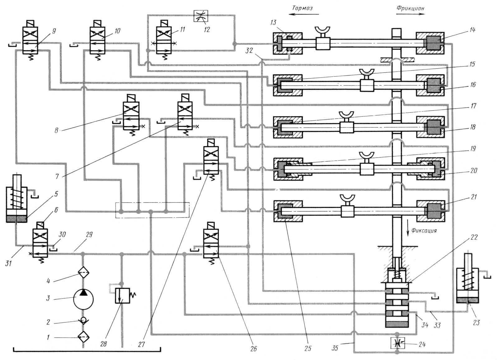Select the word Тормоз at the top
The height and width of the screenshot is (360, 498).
coord(302,8)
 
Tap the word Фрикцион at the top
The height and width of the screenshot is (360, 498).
coord(410,8)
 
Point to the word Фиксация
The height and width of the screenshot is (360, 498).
coord(424,231)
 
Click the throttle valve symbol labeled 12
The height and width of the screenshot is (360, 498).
coord(200,16)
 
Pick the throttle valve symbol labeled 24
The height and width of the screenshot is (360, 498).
coord(397,343)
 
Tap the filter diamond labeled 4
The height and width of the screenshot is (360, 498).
coord(83,272)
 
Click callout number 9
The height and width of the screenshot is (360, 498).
coord(54,31)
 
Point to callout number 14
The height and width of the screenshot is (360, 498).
coord(472,30)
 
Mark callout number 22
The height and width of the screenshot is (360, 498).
coord(474,237)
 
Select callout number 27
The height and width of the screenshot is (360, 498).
coord(142,344)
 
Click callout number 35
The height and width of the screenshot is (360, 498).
coord(335,348)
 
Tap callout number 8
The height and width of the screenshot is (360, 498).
coord(56,130)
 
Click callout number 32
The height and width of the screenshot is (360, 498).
coord(249,50)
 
